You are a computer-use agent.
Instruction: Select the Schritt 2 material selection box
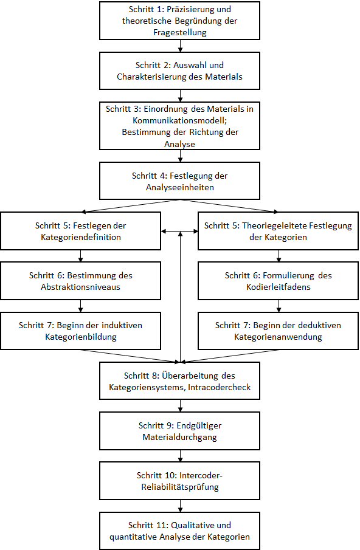180,71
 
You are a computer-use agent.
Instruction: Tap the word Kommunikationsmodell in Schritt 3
180,121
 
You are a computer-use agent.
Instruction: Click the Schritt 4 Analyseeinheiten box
180,181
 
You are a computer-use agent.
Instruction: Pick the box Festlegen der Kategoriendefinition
81,231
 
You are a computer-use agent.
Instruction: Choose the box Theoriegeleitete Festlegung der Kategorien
278,231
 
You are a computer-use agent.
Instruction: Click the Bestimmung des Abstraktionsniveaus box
81,281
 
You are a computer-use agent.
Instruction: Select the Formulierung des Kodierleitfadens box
278,281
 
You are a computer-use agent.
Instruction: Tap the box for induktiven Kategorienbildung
81,331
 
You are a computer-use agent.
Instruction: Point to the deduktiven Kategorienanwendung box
278,331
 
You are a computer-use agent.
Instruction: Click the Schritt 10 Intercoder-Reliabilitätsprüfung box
180,481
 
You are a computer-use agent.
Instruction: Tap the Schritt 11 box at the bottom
180,531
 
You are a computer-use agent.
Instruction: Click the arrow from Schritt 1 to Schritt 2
180,46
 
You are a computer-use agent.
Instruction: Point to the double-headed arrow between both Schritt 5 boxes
180,231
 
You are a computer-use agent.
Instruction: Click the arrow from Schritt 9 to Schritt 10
180,456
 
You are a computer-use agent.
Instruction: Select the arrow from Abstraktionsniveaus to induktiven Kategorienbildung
81,306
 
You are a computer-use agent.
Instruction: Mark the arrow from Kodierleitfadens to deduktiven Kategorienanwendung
278,306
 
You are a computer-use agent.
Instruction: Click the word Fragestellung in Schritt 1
180,32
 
